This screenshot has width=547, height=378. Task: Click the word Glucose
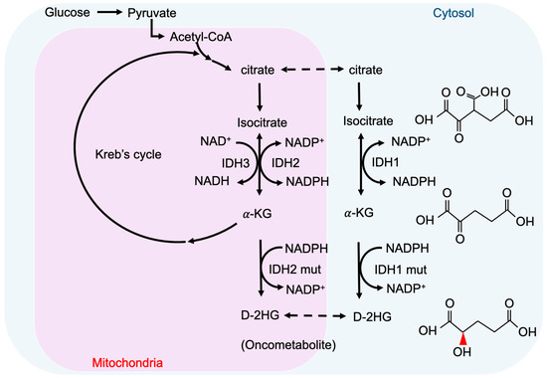[x=38, y=15]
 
